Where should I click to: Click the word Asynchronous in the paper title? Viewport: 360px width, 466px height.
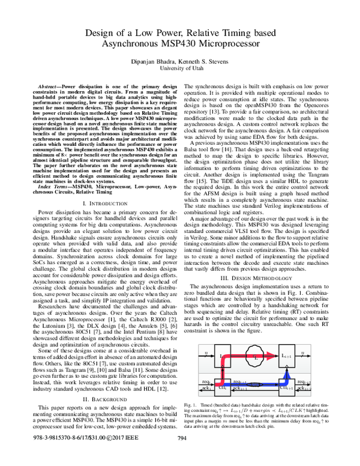(136, 43)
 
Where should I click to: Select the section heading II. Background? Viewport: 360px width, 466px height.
(104, 399)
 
